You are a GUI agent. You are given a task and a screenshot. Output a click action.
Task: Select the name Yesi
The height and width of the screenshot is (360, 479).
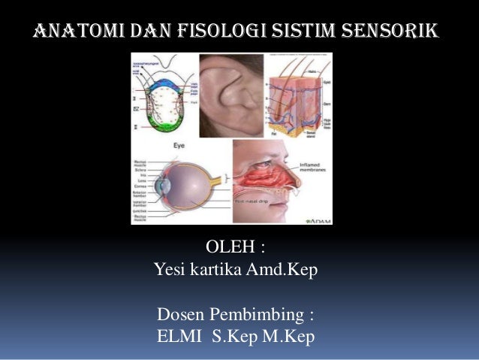pos(171,268)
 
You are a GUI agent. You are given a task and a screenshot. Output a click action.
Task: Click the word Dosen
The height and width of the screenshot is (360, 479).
pos(180,312)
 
